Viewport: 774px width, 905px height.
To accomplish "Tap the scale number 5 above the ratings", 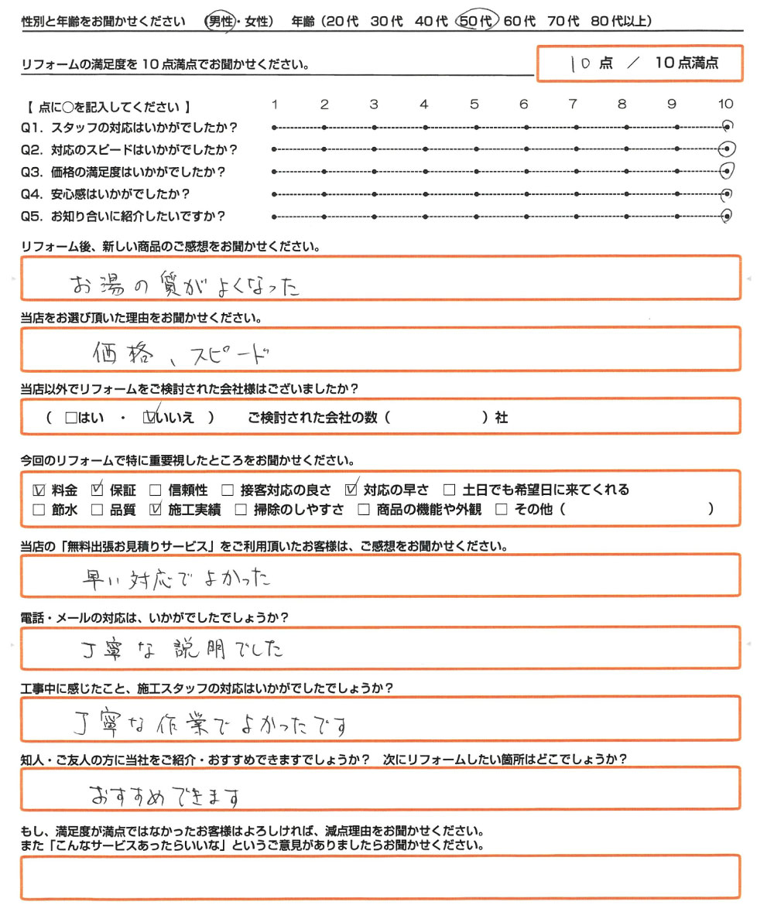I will point(474,104).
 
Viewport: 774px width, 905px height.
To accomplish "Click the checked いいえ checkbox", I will point(150,418).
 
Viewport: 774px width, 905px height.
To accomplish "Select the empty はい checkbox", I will point(71,418).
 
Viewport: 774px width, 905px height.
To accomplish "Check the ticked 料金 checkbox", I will point(39,490).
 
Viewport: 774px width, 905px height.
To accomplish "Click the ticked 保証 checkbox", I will point(97,489).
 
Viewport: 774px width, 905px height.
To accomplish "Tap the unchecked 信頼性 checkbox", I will point(155,490).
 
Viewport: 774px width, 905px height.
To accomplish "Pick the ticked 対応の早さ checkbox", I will point(351,489).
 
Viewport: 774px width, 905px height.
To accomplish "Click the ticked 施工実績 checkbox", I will point(156,510).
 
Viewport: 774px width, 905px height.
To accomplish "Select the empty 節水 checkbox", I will point(39,510).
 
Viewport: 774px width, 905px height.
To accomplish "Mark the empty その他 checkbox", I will point(501,510).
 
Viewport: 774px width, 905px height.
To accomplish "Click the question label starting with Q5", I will point(128,217).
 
